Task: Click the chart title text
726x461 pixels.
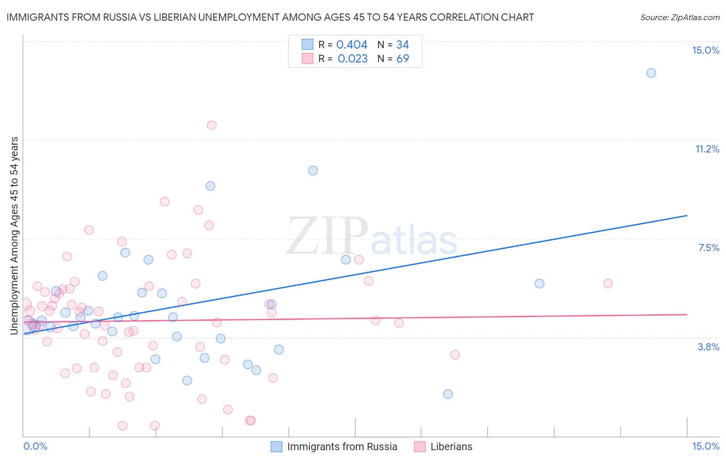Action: coord(270,17)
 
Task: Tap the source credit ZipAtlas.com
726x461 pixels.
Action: coord(680,17)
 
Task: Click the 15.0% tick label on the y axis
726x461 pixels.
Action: coord(705,50)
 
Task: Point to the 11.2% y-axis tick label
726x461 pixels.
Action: coord(707,149)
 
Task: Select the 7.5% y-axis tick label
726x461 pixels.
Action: coord(708,248)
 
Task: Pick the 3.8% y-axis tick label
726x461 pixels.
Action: coord(708,347)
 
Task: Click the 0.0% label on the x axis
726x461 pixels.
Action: coord(35,446)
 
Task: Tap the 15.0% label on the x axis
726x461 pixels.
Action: coord(705,446)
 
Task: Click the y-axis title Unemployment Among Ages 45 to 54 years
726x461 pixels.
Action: coord(14,235)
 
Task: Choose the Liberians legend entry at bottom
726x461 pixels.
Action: coord(451,447)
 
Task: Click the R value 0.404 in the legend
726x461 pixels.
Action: coord(352,45)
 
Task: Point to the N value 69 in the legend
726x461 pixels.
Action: coord(402,58)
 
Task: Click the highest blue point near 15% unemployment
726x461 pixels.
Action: coord(651,73)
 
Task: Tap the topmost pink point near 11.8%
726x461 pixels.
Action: coord(211,125)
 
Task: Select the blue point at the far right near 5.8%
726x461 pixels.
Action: coord(540,283)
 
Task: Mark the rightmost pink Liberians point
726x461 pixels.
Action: coord(608,283)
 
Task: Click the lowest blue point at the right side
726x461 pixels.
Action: coord(448,394)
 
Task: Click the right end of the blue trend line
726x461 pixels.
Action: coord(687,215)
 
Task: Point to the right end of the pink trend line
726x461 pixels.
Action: coord(687,314)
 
